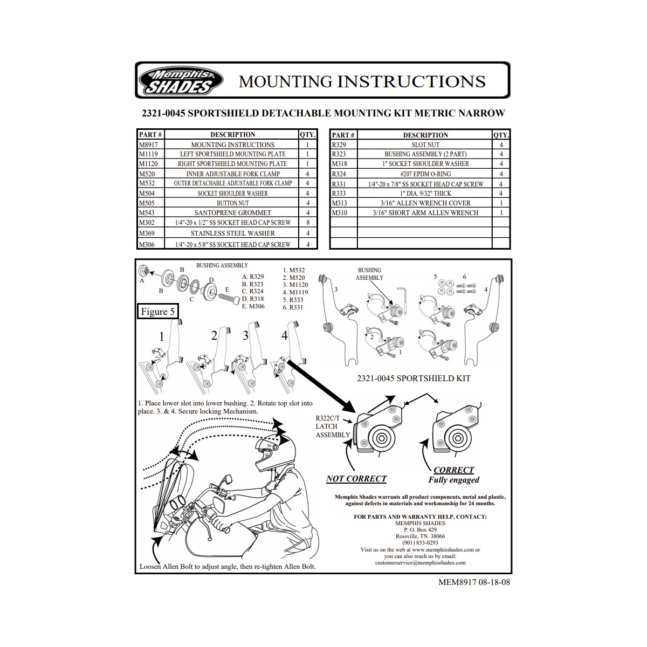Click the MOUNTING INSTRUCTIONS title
pos(362,81)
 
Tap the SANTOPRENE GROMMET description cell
pos(232,213)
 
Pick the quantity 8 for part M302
pos(307,223)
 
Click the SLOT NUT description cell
pos(425,144)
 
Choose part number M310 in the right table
pos(340,213)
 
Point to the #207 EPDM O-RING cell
pos(425,174)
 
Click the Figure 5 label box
pos(157,312)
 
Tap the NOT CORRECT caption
pos(356,478)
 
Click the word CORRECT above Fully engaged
pos(453,470)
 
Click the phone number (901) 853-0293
pos(420,543)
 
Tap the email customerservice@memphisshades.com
pos(420,562)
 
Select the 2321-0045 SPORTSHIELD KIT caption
pos(414,378)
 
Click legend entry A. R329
pos(252,277)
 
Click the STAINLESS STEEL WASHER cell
pos(232,233)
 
